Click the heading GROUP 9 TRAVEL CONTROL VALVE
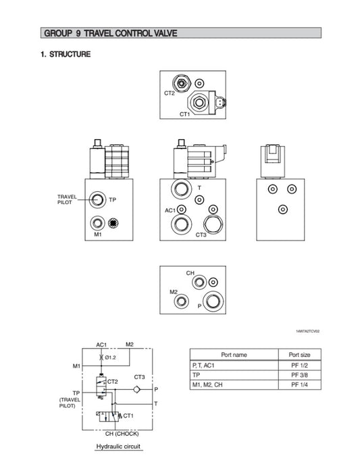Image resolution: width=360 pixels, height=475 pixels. click(110, 33)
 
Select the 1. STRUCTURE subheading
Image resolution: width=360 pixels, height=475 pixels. click(66, 54)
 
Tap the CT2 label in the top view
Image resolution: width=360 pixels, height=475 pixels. click(170, 93)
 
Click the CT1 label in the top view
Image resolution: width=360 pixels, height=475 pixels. click(185, 115)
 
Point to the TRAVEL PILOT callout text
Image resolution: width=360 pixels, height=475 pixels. click(68, 199)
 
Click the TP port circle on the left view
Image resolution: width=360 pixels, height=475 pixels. click(99, 199)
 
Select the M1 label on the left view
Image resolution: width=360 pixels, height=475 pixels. click(97, 235)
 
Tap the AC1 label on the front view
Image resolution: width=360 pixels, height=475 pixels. click(170, 210)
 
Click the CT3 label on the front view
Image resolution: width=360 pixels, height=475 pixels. click(201, 235)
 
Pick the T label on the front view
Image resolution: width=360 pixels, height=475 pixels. click(199, 187)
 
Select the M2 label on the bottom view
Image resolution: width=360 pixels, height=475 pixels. click(174, 292)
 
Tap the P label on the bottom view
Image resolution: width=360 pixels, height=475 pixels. click(198, 306)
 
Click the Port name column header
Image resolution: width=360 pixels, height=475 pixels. click(234, 354)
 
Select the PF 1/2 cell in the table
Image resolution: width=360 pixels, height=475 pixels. click(299, 365)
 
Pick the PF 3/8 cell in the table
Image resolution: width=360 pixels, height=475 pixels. click(299, 375)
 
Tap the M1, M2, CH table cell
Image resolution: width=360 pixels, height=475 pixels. click(211, 385)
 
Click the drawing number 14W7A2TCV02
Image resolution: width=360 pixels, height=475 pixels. click(307, 332)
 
